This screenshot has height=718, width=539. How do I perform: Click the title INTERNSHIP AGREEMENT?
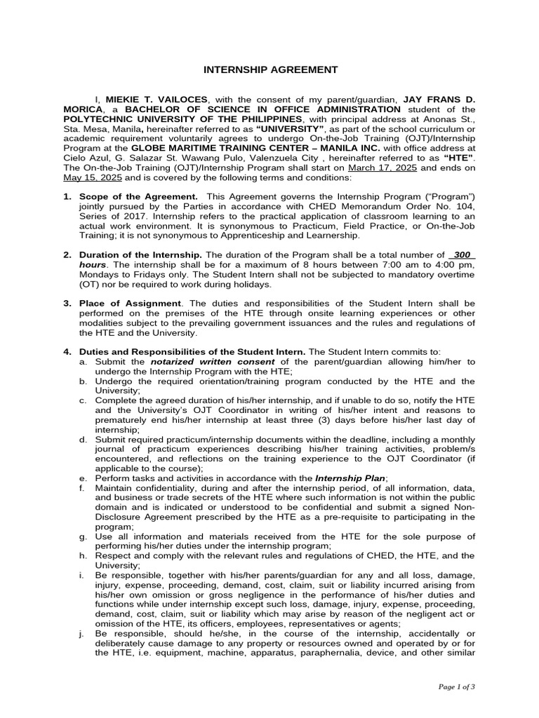pyautogui.click(x=260, y=69)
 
